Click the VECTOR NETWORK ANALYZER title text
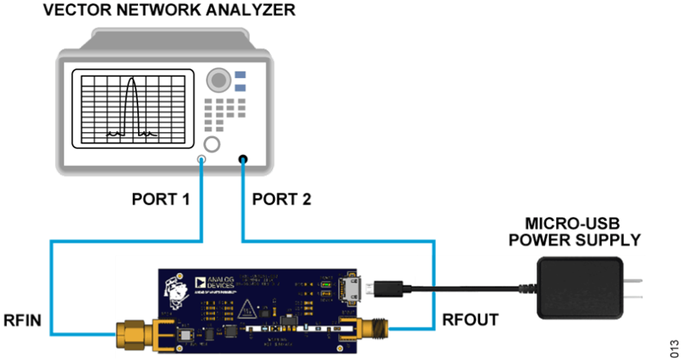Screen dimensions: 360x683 point(169,11)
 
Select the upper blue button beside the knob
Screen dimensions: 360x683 point(241,74)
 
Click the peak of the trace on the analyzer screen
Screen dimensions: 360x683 point(130,79)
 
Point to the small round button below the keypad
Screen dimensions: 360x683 point(212,144)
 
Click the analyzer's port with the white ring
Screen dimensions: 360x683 point(202,160)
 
